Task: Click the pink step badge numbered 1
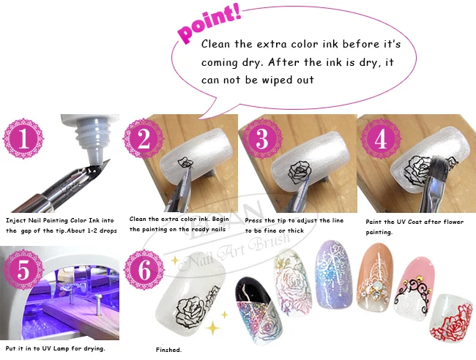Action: [23, 138]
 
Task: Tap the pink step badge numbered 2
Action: [144, 138]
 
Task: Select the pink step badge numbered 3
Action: [262, 138]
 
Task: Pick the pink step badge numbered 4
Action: [381, 138]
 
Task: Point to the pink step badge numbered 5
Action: [23, 269]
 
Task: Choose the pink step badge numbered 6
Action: [144, 269]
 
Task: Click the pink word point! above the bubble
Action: [209, 23]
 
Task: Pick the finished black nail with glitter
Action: [258, 310]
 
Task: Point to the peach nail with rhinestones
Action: [375, 277]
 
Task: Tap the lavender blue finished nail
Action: [334, 273]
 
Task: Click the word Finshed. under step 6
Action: [168, 350]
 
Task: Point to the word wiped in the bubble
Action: [277, 80]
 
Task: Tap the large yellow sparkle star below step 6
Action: [213, 328]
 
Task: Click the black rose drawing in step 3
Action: [300, 172]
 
